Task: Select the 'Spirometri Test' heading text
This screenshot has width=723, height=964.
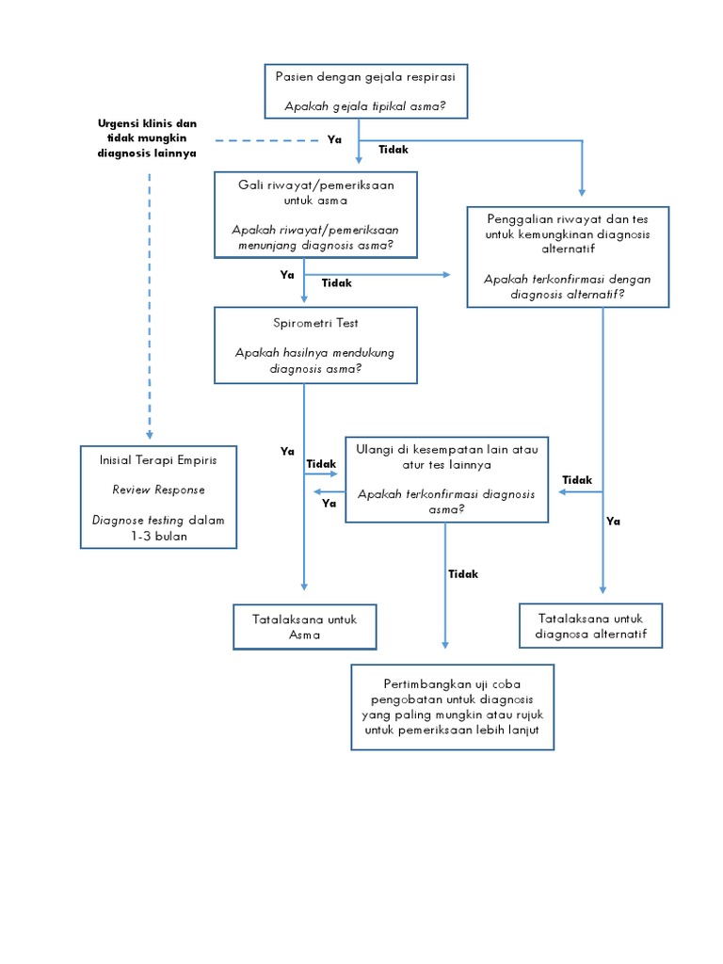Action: click(x=314, y=323)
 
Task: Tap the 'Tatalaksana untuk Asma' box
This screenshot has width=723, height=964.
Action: click(x=304, y=627)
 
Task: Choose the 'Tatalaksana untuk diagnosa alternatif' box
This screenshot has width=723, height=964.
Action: click(x=590, y=627)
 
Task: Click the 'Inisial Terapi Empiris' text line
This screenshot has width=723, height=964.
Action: click(x=158, y=460)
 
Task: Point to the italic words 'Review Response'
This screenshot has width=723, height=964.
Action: click(x=158, y=490)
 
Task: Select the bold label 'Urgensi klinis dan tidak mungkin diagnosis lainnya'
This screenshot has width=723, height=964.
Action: click(x=147, y=138)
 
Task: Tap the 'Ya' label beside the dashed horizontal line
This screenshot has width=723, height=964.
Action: click(x=334, y=140)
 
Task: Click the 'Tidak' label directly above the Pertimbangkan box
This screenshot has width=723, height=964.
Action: click(x=463, y=574)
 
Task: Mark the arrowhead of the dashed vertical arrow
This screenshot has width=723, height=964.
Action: click(x=149, y=434)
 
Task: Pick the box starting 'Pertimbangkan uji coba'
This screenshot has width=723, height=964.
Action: click(x=452, y=707)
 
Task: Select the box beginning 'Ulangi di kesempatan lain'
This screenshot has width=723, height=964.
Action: click(x=446, y=479)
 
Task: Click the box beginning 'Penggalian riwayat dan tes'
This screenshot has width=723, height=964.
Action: click(x=568, y=256)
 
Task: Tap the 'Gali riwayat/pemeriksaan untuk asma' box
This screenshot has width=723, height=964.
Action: click(x=315, y=215)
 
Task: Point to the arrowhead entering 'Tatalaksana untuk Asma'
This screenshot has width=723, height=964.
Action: click(x=304, y=586)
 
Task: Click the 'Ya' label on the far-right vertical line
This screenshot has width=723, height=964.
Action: click(x=614, y=521)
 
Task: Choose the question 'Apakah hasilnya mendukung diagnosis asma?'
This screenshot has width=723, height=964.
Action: click(x=314, y=361)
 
